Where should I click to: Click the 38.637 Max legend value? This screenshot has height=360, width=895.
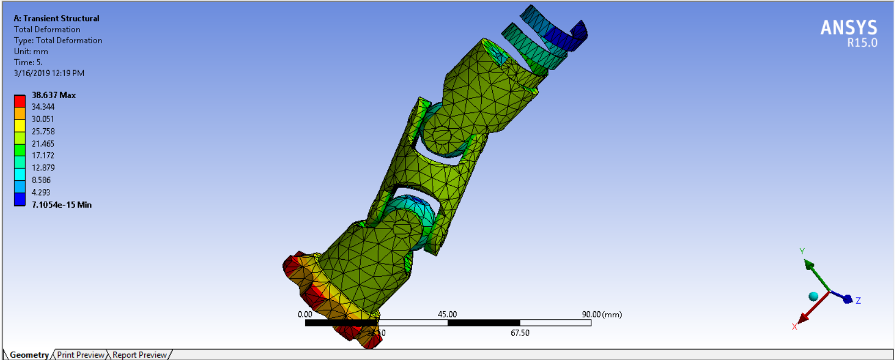(x=54, y=95)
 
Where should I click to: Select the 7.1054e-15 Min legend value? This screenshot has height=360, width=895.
(x=61, y=204)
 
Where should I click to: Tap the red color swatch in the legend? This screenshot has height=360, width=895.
(x=20, y=101)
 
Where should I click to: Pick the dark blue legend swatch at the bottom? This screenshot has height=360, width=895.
(x=20, y=199)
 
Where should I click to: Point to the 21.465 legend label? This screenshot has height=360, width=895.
(x=43, y=144)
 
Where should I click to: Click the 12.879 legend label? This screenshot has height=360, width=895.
(x=43, y=168)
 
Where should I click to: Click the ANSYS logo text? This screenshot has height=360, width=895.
(x=848, y=27)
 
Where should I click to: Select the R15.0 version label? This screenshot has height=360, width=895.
(x=862, y=43)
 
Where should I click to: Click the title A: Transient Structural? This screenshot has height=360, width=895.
(x=56, y=18)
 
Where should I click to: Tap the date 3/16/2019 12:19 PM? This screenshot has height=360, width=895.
(x=49, y=73)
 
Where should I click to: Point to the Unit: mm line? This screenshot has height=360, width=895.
(x=31, y=51)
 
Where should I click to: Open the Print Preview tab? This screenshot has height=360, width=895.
(x=81, y=355)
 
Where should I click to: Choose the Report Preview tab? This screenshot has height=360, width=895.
(x=139, y=355)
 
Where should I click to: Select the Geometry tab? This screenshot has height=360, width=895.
(x=29, y=355)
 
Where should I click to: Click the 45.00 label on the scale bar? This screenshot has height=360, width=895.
(x=447, y=314)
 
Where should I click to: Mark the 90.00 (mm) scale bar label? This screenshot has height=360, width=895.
(x=601, y=314)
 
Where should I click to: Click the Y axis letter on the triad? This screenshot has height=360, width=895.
(x=802, y=251)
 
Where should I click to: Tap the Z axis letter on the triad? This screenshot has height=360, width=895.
(x=858, y=300)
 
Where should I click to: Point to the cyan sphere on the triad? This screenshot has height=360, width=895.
(x=813, y=296)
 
